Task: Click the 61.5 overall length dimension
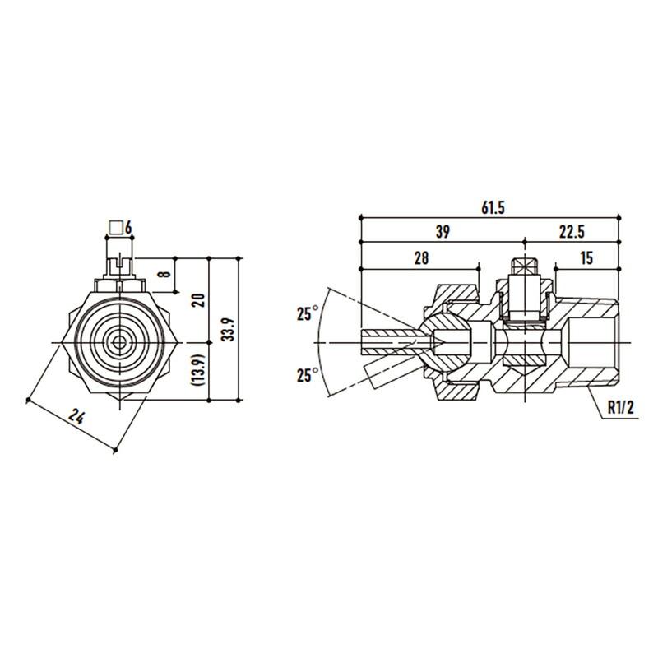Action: [493, 208]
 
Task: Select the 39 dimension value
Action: [443, 232]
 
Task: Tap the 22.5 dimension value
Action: [572, 232]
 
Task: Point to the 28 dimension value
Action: [421, 257]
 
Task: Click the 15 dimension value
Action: [586, 257]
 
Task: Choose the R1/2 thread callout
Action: [622, 408]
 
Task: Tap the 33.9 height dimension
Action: [229, 330]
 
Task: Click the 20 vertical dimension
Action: [200, 300]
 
